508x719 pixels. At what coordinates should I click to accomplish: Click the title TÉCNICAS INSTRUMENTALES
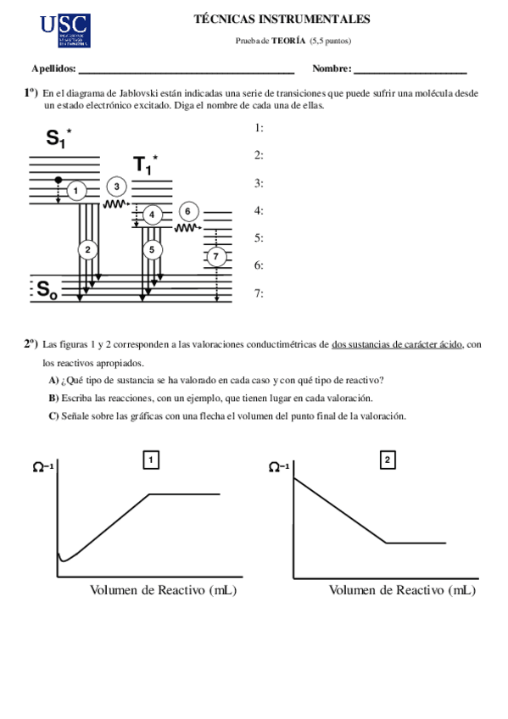(282, 19)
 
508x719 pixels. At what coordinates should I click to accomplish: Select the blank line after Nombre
(410, 72)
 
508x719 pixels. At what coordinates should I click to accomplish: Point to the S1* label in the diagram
(59, 138)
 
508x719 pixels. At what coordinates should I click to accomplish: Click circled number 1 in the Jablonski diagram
(75, 192)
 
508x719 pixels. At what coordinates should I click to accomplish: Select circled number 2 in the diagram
(87, 249)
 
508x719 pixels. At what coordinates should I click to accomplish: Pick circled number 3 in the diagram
(117, 187)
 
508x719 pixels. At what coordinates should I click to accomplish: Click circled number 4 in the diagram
(152, 215)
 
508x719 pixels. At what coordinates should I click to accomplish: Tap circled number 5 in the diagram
(152, 249)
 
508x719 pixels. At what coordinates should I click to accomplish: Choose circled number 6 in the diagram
(188, 211)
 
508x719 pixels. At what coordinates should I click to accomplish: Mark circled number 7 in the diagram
(217, 256)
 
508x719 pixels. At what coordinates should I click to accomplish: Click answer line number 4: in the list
(259, 210)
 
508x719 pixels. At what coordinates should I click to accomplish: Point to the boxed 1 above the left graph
(152, 460)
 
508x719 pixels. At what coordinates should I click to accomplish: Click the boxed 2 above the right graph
(387, 460)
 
